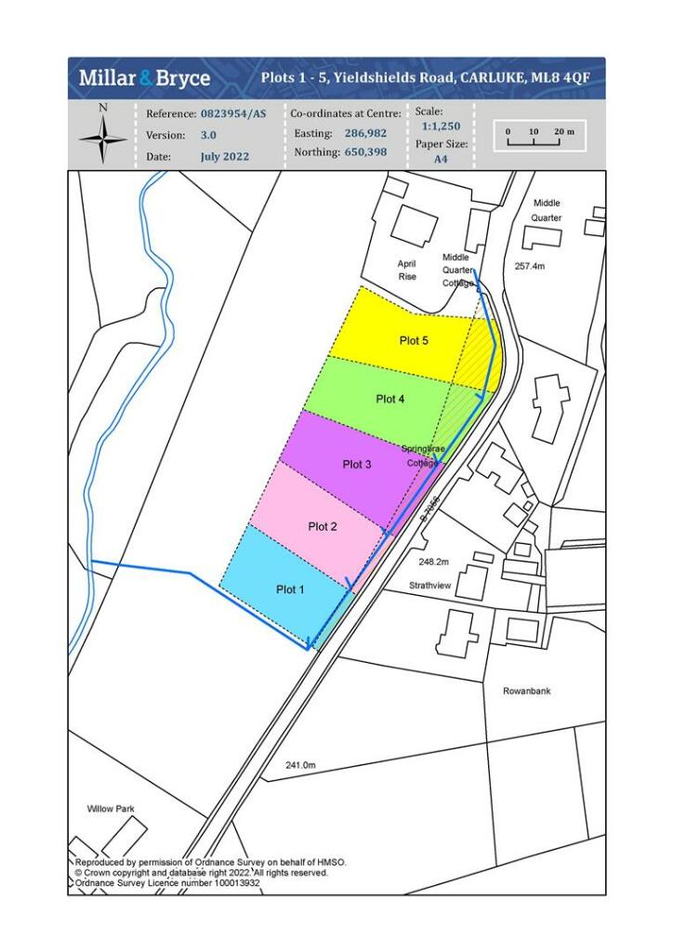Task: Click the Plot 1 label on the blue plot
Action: (x=289, y=589)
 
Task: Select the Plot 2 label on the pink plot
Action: (x=323, y=527)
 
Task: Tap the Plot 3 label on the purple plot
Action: (x=357, y=464)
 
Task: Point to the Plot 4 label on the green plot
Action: (x=390, y=400)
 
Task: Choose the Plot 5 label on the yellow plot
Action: (x=414, y=341)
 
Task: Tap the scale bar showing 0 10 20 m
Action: (x=540, y=136)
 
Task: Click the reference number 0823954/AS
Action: (x=232, y=113)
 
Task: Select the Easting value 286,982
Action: (x=365, y=134)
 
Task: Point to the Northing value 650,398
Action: (x=365, y=152)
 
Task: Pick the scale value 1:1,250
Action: (x=441, y=126)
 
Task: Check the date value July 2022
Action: (x=224, y=157)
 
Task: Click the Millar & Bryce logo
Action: (x=144, y=78)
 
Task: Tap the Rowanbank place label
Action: (x=527, y=692)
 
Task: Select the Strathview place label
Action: (x=430, y=587)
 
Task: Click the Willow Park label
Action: (x=111, y=809)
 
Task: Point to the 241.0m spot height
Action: (x=301, y=765)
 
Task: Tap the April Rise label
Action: (x=407, y=270)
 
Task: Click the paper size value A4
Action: (x=441, y=159)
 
